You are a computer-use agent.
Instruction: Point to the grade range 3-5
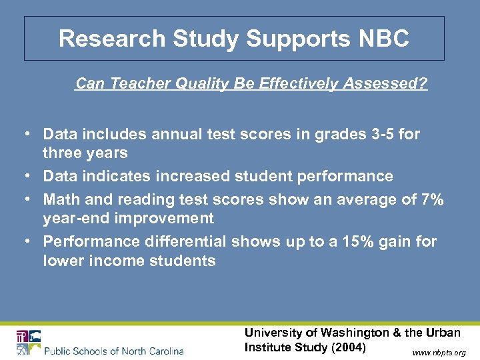tap(376, 135)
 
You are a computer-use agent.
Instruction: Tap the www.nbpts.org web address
tap(439, 352)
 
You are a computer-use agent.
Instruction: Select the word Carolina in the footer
tap(162, 351)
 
